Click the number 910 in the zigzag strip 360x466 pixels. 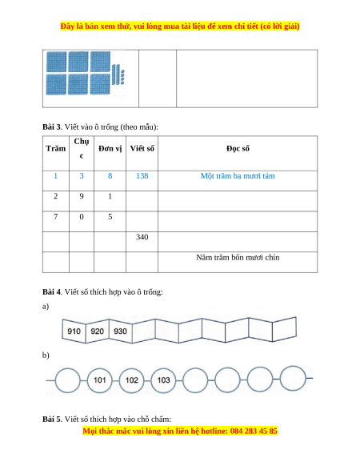74,331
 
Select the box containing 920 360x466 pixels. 98,331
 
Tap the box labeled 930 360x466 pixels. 121,331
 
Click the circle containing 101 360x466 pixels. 100,380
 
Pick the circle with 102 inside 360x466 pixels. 131,380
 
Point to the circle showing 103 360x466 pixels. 163,380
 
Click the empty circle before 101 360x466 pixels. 68,380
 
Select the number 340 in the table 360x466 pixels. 142,237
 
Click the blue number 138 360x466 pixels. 142,176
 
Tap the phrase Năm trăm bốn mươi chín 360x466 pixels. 238,257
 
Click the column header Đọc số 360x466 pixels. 238,148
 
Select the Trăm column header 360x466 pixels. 55,148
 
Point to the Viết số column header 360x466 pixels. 142,148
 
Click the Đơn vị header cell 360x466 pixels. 110,148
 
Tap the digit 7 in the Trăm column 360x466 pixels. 55,217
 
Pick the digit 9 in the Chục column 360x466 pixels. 82,196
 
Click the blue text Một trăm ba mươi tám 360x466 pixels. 238,176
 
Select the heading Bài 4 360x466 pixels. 51,291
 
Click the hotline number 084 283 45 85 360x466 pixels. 254,431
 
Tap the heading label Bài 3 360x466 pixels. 51,127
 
